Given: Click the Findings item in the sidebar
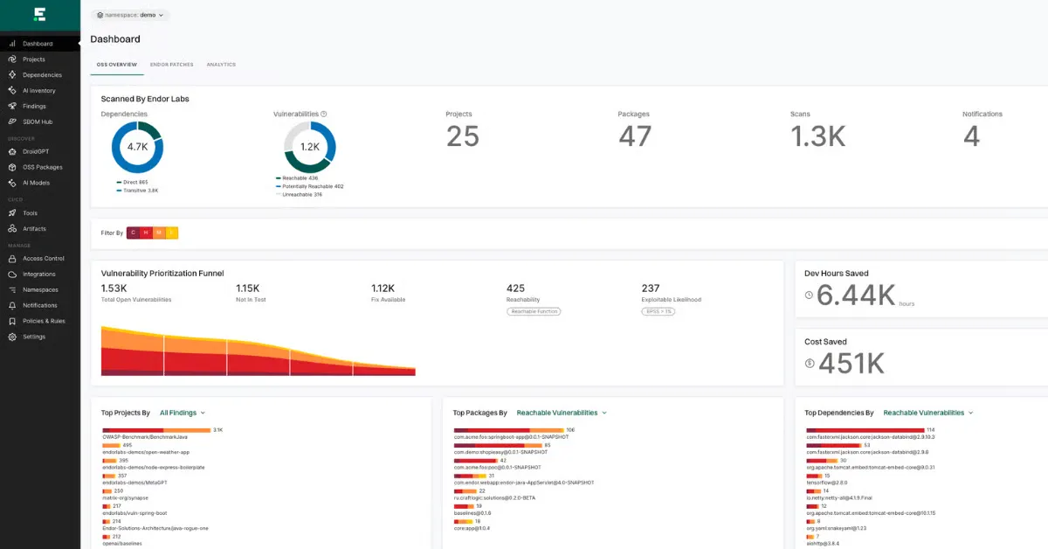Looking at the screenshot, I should click(x=34, y=106).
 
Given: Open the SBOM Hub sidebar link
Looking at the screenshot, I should click(x=38, y=122).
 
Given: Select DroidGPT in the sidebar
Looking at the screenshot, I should click(x=36, y=151).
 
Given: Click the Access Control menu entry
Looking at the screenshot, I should click(x=44, y=258).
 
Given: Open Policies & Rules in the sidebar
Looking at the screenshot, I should click(x=44, y=321).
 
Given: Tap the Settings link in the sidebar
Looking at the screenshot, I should click(x=34, y=337).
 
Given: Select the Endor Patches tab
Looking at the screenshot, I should click(x=171, y=65).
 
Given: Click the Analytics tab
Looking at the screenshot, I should click(x=221, y=65).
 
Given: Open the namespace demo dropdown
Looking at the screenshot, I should click(x=130, y=15).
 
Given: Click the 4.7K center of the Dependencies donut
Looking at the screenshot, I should click(x=137, y=147).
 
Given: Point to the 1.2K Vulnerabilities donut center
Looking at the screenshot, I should click(x=310, y=147).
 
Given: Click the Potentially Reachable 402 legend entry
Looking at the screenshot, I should click(x=312, y=186).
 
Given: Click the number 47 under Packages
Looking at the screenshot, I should click(x=635, y=136).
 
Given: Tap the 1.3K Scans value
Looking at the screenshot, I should click(x=817, y=136).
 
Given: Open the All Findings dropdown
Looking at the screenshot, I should click(x=183, y=413).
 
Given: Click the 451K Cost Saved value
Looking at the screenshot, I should click(x=851, y=364).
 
